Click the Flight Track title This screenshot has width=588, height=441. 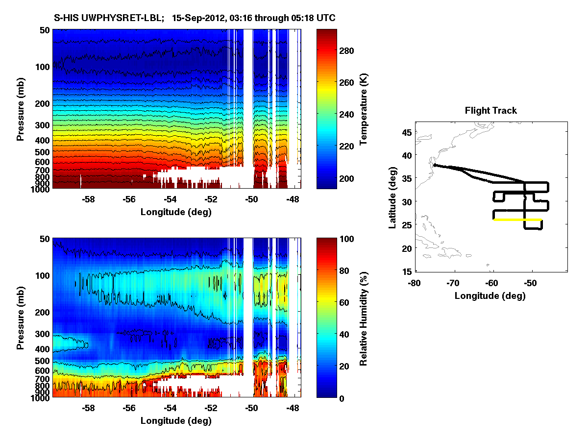[x=490, y=111]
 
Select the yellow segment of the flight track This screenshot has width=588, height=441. [x=517, y=220]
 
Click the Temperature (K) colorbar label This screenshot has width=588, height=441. [x=364, y=109]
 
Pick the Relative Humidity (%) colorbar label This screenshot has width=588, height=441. [x=364, y=318]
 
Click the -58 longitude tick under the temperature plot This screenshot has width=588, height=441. [x=88, y=199]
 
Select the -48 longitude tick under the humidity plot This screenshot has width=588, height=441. [x=293, y=408]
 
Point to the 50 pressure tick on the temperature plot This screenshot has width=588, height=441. [x=43, y=30]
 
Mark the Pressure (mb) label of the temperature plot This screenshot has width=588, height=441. [x=21, y=109]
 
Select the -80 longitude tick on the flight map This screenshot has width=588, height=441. [x=415, y=283]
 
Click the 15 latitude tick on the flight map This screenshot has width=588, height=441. [x=407, y=271]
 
